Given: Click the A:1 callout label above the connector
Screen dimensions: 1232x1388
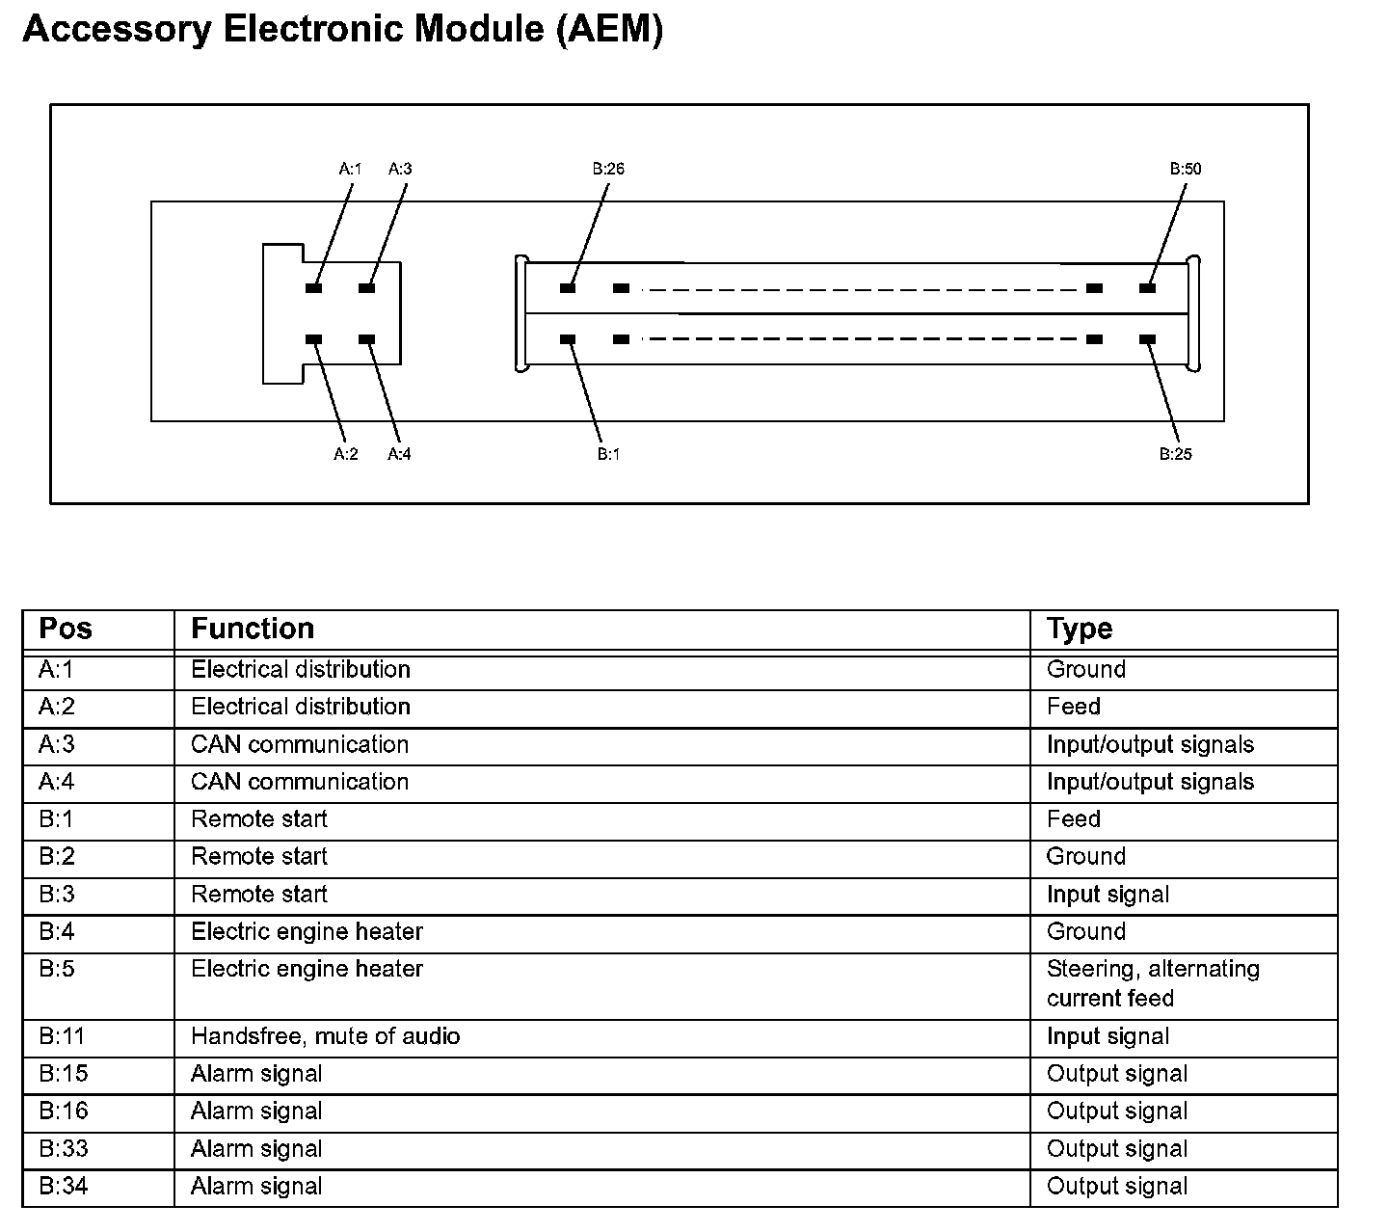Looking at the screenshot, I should [350, 169].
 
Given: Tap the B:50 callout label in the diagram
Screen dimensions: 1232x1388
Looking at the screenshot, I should [1186, 169].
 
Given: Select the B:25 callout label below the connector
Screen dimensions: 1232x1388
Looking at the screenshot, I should [1175, 454].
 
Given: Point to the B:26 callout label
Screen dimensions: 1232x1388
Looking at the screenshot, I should [608, 169].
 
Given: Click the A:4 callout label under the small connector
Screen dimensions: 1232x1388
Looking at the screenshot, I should [399, 454].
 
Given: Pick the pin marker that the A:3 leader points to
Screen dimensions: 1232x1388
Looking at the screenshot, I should [367, 288].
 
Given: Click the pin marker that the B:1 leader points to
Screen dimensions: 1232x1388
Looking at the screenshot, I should [568, 339].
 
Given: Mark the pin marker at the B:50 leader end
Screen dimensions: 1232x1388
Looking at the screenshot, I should [1147, 288].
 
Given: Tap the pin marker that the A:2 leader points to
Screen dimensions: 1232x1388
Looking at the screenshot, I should [313, 339].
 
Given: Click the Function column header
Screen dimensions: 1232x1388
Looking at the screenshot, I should [253, 629].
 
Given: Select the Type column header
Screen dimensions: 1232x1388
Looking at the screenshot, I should [1080, 629].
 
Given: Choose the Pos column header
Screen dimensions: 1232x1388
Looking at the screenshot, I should [66, 629].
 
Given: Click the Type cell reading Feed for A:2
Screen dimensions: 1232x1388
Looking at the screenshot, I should [1074, 707].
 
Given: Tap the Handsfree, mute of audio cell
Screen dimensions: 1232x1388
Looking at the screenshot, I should [326, 1036].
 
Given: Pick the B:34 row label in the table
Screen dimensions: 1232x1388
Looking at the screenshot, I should [64, 1186].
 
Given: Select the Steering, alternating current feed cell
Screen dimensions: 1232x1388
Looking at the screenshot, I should [1153, 983].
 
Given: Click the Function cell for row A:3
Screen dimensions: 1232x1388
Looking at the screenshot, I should [300, 744].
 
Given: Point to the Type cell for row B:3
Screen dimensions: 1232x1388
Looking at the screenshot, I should [1108, 895].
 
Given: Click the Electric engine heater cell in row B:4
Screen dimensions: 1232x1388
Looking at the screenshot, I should [307, 932].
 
